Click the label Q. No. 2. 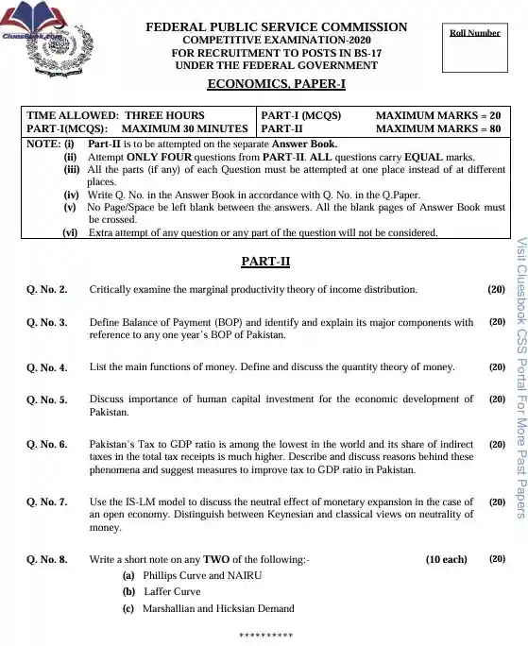[x=46, y=289]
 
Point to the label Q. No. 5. [x=46, y=399]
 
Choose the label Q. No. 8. [x=46, y=559]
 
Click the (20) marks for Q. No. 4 [x=497, y=365]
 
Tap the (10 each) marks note [x=446, y=559]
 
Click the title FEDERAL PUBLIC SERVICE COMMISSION [x=277, y=27]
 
